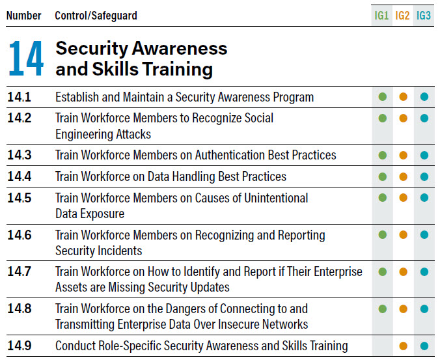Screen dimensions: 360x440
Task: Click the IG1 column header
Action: [x=382, y=16]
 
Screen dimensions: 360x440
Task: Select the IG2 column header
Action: [x=403, y=16]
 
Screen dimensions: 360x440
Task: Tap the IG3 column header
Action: [x=424, y=16]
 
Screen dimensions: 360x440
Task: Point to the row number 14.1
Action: [x=20, y=98]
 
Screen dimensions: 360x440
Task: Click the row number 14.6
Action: [x=20, y=235]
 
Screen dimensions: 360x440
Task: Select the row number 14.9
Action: [x=20, y=346]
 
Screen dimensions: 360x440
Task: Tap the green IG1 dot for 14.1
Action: [x=383, y=98]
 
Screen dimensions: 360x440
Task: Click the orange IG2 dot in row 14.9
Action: [x=404, y=346]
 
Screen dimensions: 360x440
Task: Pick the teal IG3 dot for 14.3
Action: [x=424, y=156]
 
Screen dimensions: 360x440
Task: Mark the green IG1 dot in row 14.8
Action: [x=383, y=309]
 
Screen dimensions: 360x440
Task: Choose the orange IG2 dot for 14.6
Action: [x=404, y=235]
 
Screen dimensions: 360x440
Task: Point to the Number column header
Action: [x=24, y=16]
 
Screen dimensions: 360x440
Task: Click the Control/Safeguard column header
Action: [x=96, y=16]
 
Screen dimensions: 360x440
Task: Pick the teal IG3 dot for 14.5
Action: [x=424, y=198]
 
